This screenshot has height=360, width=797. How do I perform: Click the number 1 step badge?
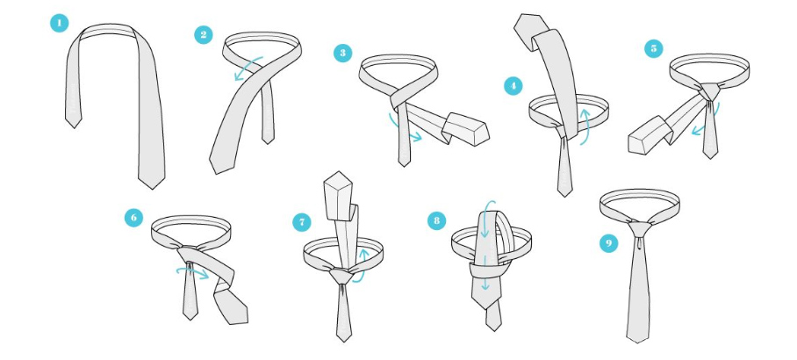(x=60, y=23)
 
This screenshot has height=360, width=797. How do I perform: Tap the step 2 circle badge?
(x=204, y=34)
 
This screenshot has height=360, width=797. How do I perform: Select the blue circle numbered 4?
(x=513, y=86)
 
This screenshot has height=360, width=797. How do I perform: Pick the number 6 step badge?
(x=133, y=218)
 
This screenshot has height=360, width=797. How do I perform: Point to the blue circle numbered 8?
(x=436, y=220)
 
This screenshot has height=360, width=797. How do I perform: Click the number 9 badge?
(x=609, y=243)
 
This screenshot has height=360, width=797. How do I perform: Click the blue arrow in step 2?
(x=248, y=68)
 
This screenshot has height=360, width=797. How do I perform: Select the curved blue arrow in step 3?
(x=404, y=130)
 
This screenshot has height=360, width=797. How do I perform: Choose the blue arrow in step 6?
(x=193, y=272)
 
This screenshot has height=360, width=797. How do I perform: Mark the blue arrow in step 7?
(x=362, y=266)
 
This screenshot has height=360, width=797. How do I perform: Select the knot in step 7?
(x=341, y=276)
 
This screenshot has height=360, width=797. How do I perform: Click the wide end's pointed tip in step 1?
(x=151, y=189)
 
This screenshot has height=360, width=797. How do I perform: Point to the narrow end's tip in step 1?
(x=74, y=127)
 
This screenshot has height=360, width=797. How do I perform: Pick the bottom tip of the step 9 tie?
(x=636, y=342)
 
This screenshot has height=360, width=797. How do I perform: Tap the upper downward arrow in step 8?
(x=485, y=220)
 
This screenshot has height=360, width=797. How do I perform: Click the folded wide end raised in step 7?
(x=339, y=196)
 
